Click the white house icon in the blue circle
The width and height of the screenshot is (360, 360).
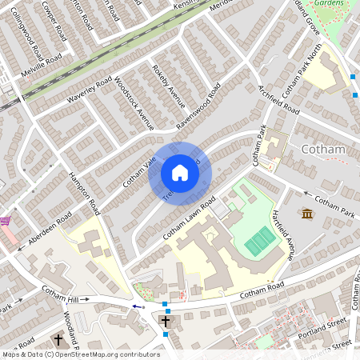[180, 173]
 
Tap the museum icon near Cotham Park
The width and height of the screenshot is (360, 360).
[307, 214]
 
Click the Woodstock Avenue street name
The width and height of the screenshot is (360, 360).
[134, 103]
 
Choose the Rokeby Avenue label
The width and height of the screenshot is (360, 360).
[168, 86]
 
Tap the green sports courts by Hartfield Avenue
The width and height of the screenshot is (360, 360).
[259, 241]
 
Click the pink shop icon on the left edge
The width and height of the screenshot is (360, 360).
[5, 221]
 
